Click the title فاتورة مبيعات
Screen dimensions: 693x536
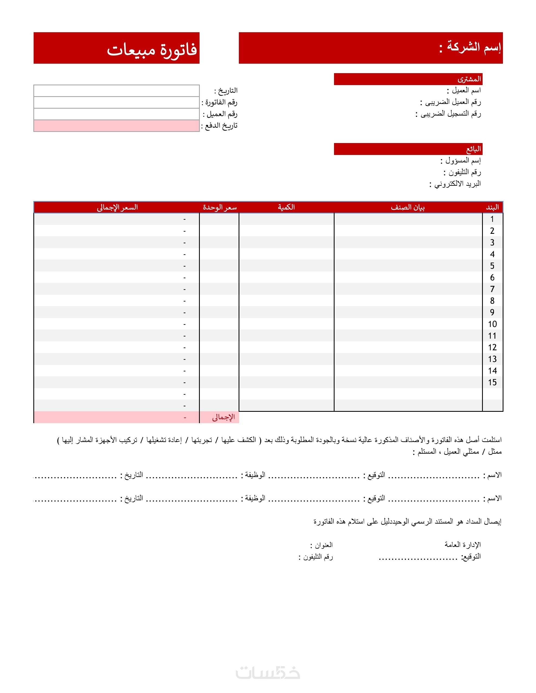point(152,50)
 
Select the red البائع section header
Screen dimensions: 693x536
point(473,149)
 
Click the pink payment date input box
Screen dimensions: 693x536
point(116,126)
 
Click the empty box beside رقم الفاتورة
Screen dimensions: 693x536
point(116,102)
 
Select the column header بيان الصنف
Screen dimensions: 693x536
point(407,207)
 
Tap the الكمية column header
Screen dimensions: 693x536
point(286,207)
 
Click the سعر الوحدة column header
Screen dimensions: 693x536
point(220,207)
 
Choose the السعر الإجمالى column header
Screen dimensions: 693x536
point(117,207)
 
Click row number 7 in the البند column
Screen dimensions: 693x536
point(492,289)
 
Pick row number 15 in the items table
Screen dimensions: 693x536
point(492,382)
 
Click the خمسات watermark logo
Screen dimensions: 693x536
point(268,673)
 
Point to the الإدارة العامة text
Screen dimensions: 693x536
point(462,545)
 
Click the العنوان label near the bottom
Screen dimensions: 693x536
point(321,545)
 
